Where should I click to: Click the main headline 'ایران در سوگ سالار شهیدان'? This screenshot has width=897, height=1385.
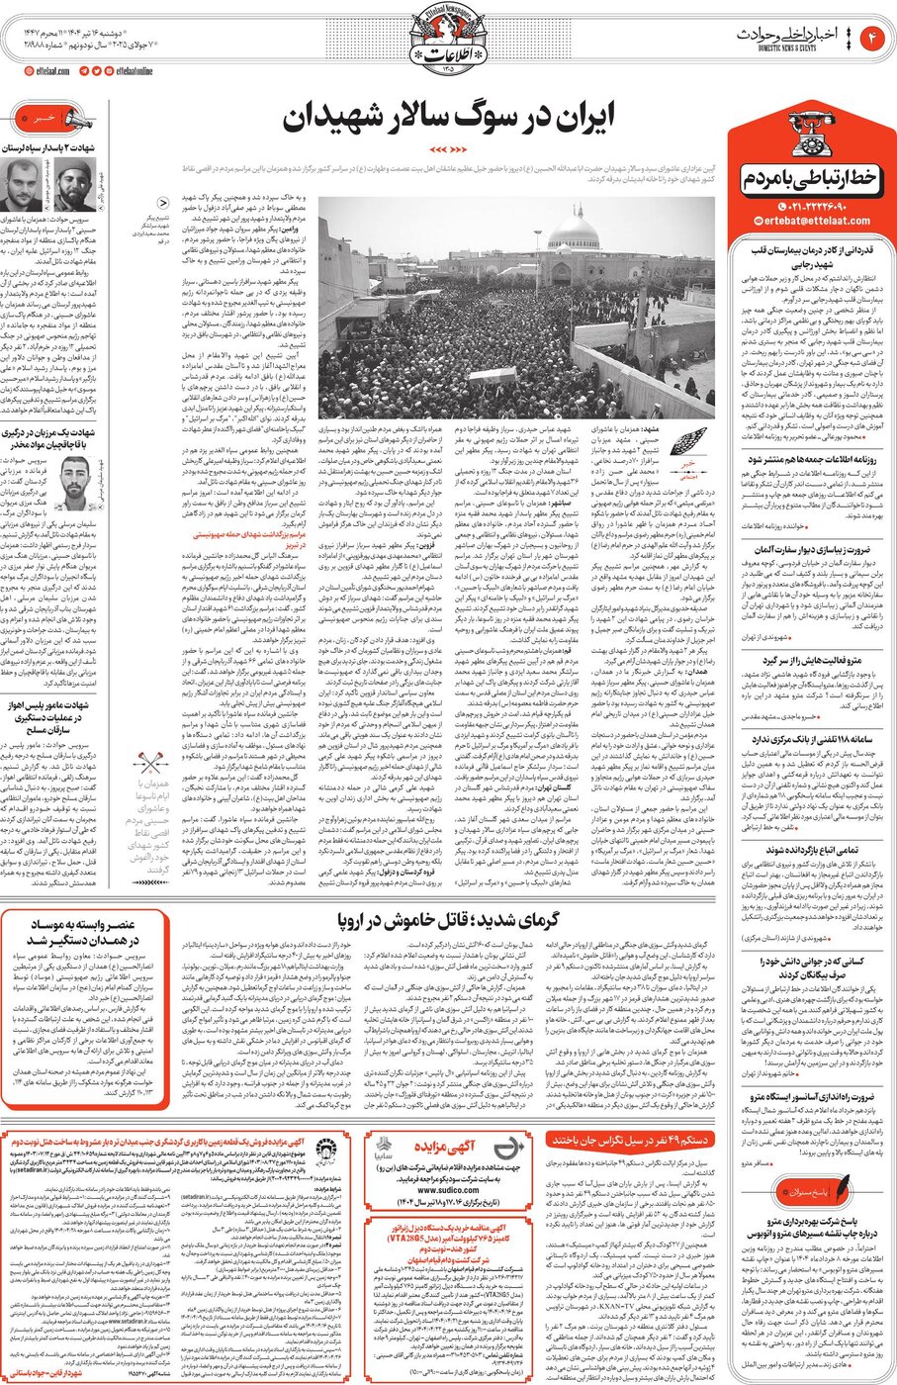pos(448,117)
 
